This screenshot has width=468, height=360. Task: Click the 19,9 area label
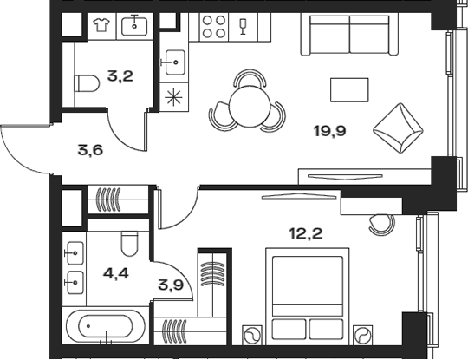pos(330,131)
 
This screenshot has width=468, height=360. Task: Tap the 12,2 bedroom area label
pos(306,233)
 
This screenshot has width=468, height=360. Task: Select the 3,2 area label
pos(120,76)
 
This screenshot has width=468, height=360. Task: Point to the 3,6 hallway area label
pos(90,150)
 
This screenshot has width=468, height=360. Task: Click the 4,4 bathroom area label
pos(116,273)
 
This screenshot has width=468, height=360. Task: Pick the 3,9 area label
pos(171,285)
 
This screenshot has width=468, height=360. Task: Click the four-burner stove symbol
pos(214,27)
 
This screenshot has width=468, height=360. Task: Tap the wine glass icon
pos(243,26)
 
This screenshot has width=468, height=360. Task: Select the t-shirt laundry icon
pos(101,24)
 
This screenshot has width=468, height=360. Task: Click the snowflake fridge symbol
pos(173,97)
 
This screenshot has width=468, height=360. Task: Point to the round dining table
pos(247,107)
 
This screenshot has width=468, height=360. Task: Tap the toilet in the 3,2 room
pos(88,83)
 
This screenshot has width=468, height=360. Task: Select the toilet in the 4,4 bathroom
pos(130,244)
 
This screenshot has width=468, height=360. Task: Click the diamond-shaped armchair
pos(398,128)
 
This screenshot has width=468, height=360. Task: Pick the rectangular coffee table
pos(349,90)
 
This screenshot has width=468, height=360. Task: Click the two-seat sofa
pos(349,36)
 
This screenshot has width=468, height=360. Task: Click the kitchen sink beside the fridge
pos(174,62)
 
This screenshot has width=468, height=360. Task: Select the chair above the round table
pos(250,77)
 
